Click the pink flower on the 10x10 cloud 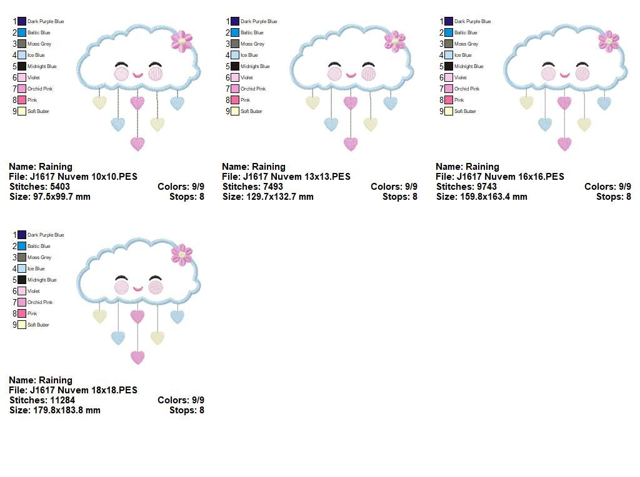[x=181, y=41]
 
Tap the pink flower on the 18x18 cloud [x=181, y=255]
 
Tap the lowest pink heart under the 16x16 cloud [x=564, y=144]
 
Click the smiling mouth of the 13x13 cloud [x=351, y=75]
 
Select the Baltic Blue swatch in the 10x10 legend [x=22, y=32]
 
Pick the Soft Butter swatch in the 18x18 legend [x=22, y=325]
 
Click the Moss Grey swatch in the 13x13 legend [x=235, y=44]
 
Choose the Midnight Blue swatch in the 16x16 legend [x=449, y=66]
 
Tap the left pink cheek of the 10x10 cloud [x=121, y=74]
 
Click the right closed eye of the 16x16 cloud [x=582, y=64]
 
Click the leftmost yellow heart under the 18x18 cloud [x=99, y=316]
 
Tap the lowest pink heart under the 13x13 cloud [x=351, y=144]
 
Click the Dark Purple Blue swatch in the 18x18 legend [x=22, y=235]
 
